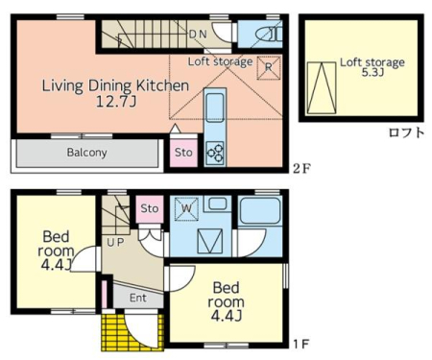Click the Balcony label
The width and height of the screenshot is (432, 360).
pyautogui.click(x=86, y=153)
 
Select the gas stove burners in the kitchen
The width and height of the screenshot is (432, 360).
pyautogui.click(x=215, y=153)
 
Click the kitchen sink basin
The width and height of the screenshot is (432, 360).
pyautogui.click(x=215, y=104)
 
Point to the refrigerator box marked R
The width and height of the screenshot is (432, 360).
pyautogui.click(x=269, y=67)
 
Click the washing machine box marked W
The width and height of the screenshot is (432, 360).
pyautogui.click(x=186, y=208)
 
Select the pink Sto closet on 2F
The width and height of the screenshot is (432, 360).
pyautogui.click(x=183, y=153)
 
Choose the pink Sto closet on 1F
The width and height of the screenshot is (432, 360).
pyautogui.click(x=150, y=208)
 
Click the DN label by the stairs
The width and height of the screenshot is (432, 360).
pyautogui.click(x=198, y=35)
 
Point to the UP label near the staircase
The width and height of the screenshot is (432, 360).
pyautogui.click(x=115, y=242)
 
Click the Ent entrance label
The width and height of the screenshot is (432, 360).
pyautogui.click(x=138, y=298)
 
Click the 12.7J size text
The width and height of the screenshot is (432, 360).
pyautogui.click(x=116, y=102)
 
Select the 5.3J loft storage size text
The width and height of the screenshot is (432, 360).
pyautogui.click(x=372, y=72)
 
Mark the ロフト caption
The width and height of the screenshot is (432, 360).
pyautogui.click(x=406, y=132)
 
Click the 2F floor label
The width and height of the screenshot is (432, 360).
pyautogui.click(x=301, y=169)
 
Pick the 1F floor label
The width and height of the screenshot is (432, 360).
pyautogui.click(x=301, y=344)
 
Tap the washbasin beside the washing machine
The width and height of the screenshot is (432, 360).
pyautogui.click(x=217, y=204)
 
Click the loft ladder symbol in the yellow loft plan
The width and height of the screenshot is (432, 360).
pyautogui.click(x=322, y=87)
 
